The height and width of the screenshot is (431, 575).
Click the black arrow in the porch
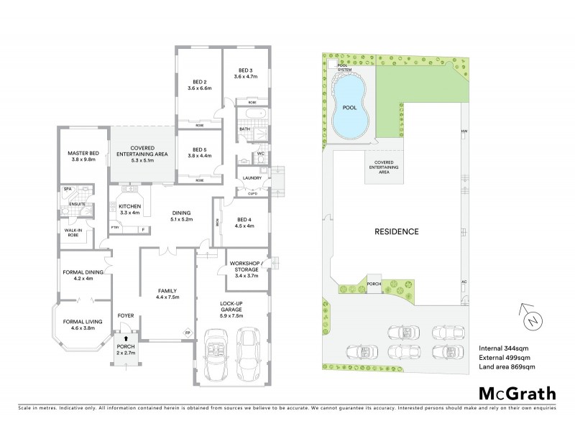(126, 338)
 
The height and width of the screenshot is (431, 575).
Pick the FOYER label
(126, 315)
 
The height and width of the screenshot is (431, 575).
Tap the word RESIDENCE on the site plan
(395, 232)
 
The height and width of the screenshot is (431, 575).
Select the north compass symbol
(530, 317)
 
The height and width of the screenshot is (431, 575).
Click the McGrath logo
(516, 394)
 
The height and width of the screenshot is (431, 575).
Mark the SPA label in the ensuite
(68, 189)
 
